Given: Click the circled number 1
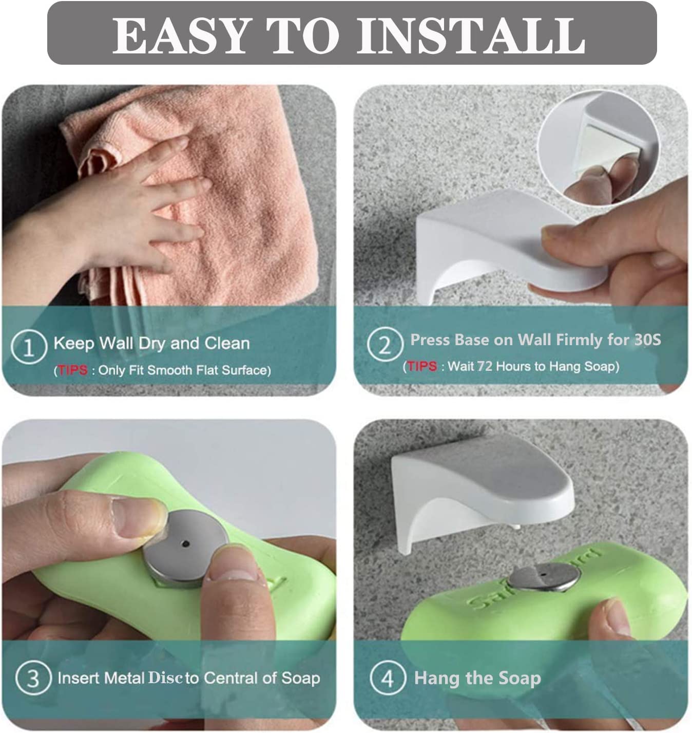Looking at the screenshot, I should point(29,347).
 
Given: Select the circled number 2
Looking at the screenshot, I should point(385,345).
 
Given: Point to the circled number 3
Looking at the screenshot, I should point(33,678).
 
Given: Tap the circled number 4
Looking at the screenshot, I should point(387,678).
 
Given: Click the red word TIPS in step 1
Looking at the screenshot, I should point(72,370).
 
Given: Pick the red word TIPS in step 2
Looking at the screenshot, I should point(422,366).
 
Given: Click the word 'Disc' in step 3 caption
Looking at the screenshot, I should point(165,678).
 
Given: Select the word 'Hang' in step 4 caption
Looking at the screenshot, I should point(436,678).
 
